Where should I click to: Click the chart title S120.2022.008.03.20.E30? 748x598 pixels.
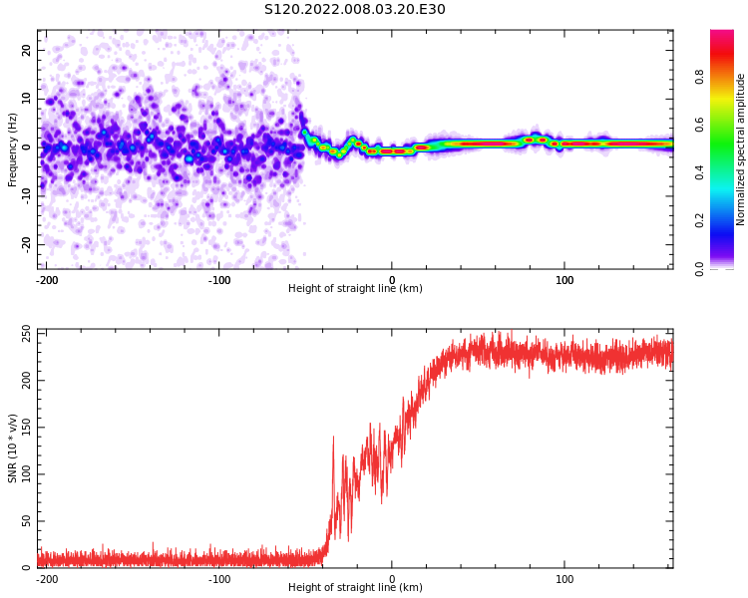[x=355, y=10]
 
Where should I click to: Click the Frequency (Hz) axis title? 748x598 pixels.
[x=13, y=149]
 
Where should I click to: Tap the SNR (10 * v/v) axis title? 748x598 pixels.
[x=13, y=448]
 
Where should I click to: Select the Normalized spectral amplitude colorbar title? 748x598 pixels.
[x=741, y=149]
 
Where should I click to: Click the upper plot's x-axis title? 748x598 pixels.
[x=355, y=289]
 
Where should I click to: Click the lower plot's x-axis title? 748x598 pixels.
[x=355, y=588]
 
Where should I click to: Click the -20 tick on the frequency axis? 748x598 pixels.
[x=25, y=244]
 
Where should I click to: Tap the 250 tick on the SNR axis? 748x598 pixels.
[x=24, y=332]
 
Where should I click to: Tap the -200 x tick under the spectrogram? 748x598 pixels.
[x=46, y=279]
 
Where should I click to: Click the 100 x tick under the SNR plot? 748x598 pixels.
[x=564, y=578]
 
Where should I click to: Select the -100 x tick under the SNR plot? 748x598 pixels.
[x=219, y=578]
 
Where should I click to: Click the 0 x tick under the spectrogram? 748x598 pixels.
[x=392, y=279]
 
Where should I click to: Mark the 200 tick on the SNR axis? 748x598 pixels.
[x=24, y=380]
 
